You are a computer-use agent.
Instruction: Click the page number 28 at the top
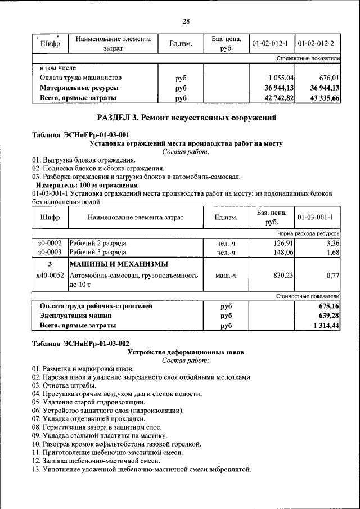pos(186,21)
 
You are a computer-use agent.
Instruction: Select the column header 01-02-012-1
pos(270,43)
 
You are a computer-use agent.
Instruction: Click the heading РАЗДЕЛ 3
pos(186,118)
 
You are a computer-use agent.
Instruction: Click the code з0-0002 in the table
pos(49,243)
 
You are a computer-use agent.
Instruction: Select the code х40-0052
pos(49,276)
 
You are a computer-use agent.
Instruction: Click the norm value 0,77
pos(332,276)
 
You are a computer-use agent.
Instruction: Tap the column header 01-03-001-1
pos(316,217)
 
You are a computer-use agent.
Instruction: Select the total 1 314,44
pos(323,325)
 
